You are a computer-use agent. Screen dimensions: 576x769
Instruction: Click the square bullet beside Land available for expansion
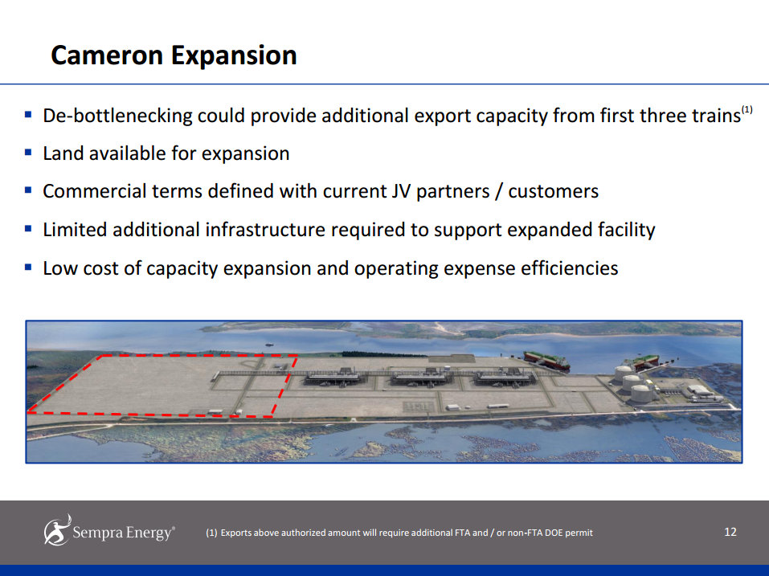pos(28,152)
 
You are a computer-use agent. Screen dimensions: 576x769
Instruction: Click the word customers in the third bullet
pos(553,191)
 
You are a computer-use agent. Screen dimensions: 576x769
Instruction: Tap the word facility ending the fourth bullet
pos(620,230)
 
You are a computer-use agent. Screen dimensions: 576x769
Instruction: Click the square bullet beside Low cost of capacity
pos(28,267)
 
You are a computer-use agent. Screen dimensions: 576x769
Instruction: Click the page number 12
pos(730,532)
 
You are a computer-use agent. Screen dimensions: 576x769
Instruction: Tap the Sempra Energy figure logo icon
pos(57,529)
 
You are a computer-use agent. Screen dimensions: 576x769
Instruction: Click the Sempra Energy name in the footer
pos(122,533)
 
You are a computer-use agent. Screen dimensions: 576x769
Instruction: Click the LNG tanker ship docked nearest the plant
pos(546,360)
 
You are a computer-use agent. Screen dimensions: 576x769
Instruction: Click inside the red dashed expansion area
pos(161,386)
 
